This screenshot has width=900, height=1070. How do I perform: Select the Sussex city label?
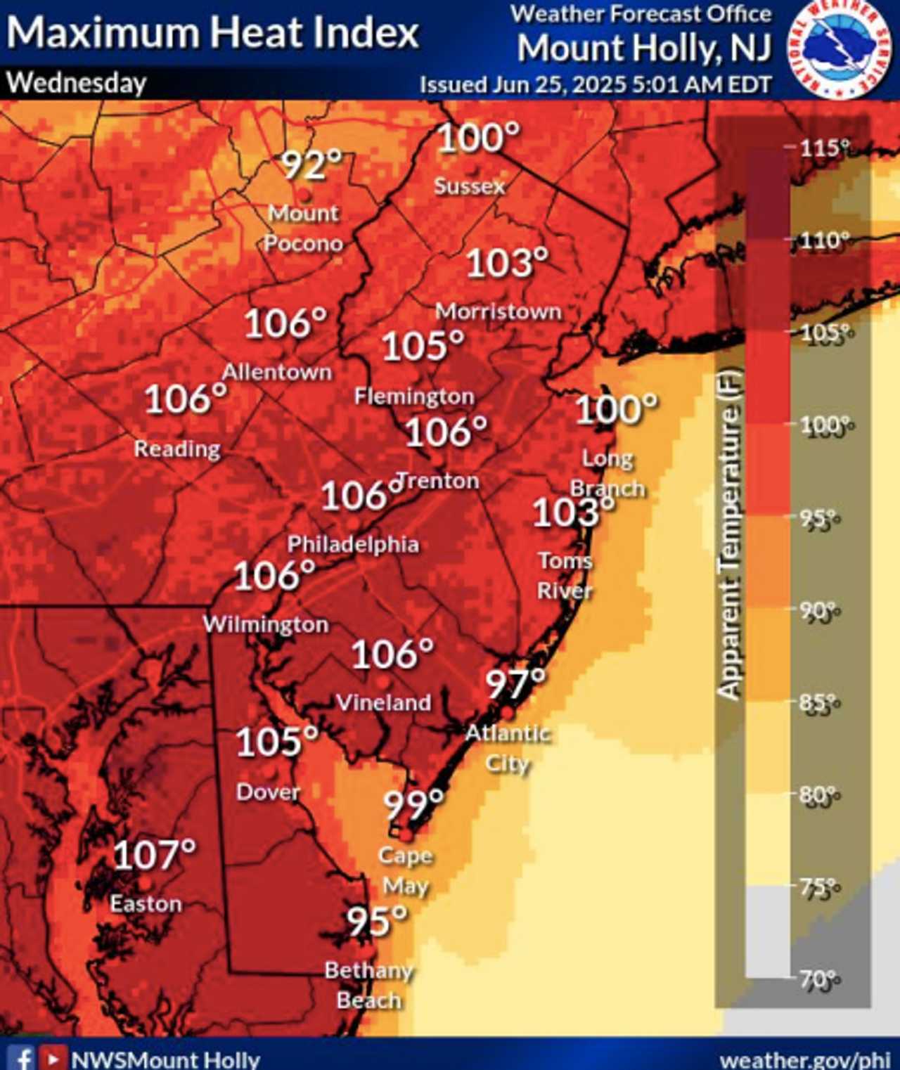coord(469,186)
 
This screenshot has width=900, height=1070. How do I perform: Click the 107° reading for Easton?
coord(154,855)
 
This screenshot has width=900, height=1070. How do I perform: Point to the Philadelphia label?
coord(353,544)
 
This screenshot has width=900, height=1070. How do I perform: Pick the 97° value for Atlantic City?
coord(515,683)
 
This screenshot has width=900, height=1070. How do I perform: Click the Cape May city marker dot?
coord(406,834)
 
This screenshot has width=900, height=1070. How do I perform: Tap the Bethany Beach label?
coord(368,985)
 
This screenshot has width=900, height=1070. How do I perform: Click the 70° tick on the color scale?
coord(819,978)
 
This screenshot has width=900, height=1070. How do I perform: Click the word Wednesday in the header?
coord(77,84)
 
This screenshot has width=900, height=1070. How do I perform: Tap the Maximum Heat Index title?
coord(212,32)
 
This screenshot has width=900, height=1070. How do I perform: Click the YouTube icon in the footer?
coord(51,1058)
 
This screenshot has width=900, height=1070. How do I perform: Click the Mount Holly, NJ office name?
coord(644,49)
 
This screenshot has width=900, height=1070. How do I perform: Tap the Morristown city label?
coord(498,311)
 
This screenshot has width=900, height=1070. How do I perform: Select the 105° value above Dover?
coord(276,742)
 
